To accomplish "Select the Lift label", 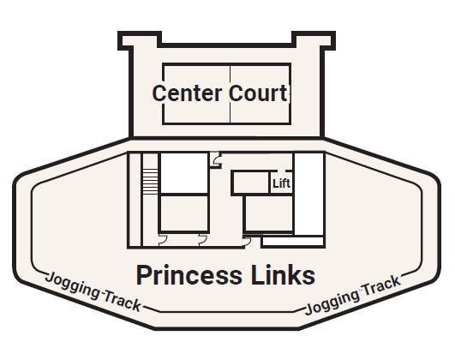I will [x=281, y=183].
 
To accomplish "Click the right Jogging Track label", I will [x=353, y=297].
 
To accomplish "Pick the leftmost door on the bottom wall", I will [x=163, y=239].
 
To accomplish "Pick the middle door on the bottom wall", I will [x=202, y=239].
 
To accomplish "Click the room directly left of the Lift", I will [x=251, y=182].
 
